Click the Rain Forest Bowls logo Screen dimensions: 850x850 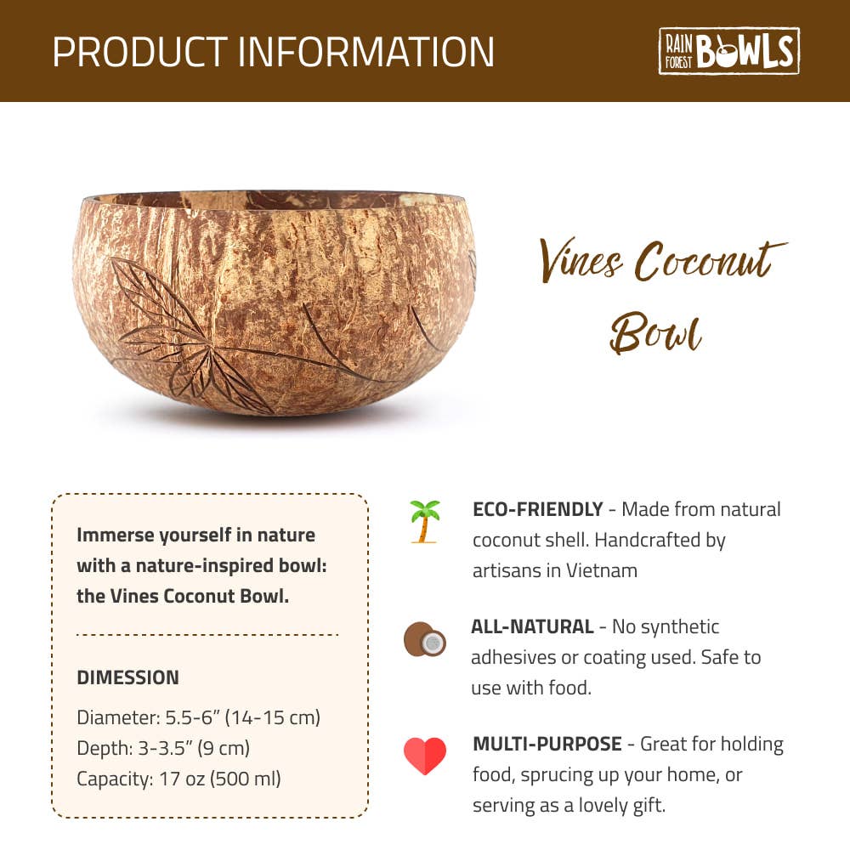728,50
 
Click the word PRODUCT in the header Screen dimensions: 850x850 140,52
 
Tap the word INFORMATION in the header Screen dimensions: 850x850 366,52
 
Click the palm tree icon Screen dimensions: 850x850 424,522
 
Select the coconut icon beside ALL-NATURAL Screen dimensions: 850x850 425,639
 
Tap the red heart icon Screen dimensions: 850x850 425,756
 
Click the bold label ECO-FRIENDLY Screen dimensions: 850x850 538,509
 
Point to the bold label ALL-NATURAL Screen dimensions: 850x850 532,626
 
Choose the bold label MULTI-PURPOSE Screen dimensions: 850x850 547,744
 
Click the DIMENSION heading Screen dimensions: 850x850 128,677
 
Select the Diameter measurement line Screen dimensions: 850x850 198,717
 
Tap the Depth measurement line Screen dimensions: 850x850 163,748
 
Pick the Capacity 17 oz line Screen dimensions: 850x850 178,779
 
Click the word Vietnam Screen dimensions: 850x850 602,570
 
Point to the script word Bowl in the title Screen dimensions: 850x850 656,331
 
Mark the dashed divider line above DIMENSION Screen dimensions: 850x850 207,634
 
